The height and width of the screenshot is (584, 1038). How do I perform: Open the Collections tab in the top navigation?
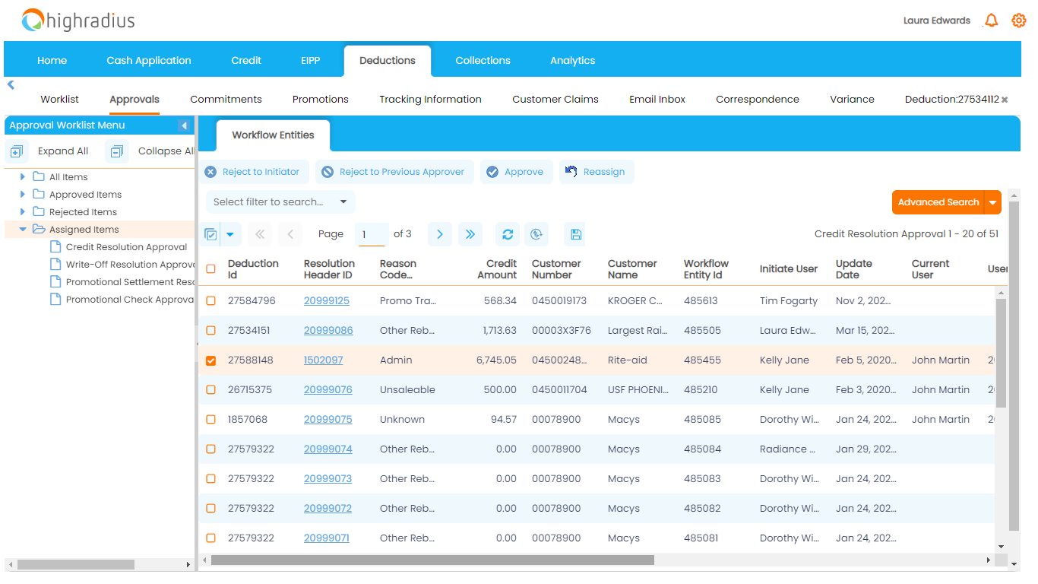tap(483, 61)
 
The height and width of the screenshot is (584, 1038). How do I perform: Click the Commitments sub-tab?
tap(226, 100)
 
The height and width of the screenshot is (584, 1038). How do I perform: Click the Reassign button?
tap(597, 172)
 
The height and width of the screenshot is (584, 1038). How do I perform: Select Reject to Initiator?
tap(253, 172)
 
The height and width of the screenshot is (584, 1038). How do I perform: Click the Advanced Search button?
tap(938, 202)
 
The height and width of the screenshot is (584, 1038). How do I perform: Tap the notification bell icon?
tap(991, 21)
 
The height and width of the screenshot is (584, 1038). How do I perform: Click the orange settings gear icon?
tap(1018, 21)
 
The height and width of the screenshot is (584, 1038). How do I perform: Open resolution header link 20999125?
tap(327, 300)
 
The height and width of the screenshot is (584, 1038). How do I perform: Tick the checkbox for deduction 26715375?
tap(211, 390)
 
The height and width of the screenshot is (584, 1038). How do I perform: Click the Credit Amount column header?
tap(497, 269)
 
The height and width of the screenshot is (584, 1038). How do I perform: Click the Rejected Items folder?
tap(83, 212)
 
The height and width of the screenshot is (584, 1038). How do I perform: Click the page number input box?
tap(372, 234)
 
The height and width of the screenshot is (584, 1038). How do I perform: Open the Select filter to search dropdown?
tap(280, 202)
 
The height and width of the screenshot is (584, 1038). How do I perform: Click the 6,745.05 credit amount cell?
tap(496, 360)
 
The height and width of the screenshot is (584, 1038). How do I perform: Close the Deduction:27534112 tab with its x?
tap(1005, 100)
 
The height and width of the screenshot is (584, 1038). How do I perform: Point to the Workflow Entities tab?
tap(273, 135)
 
